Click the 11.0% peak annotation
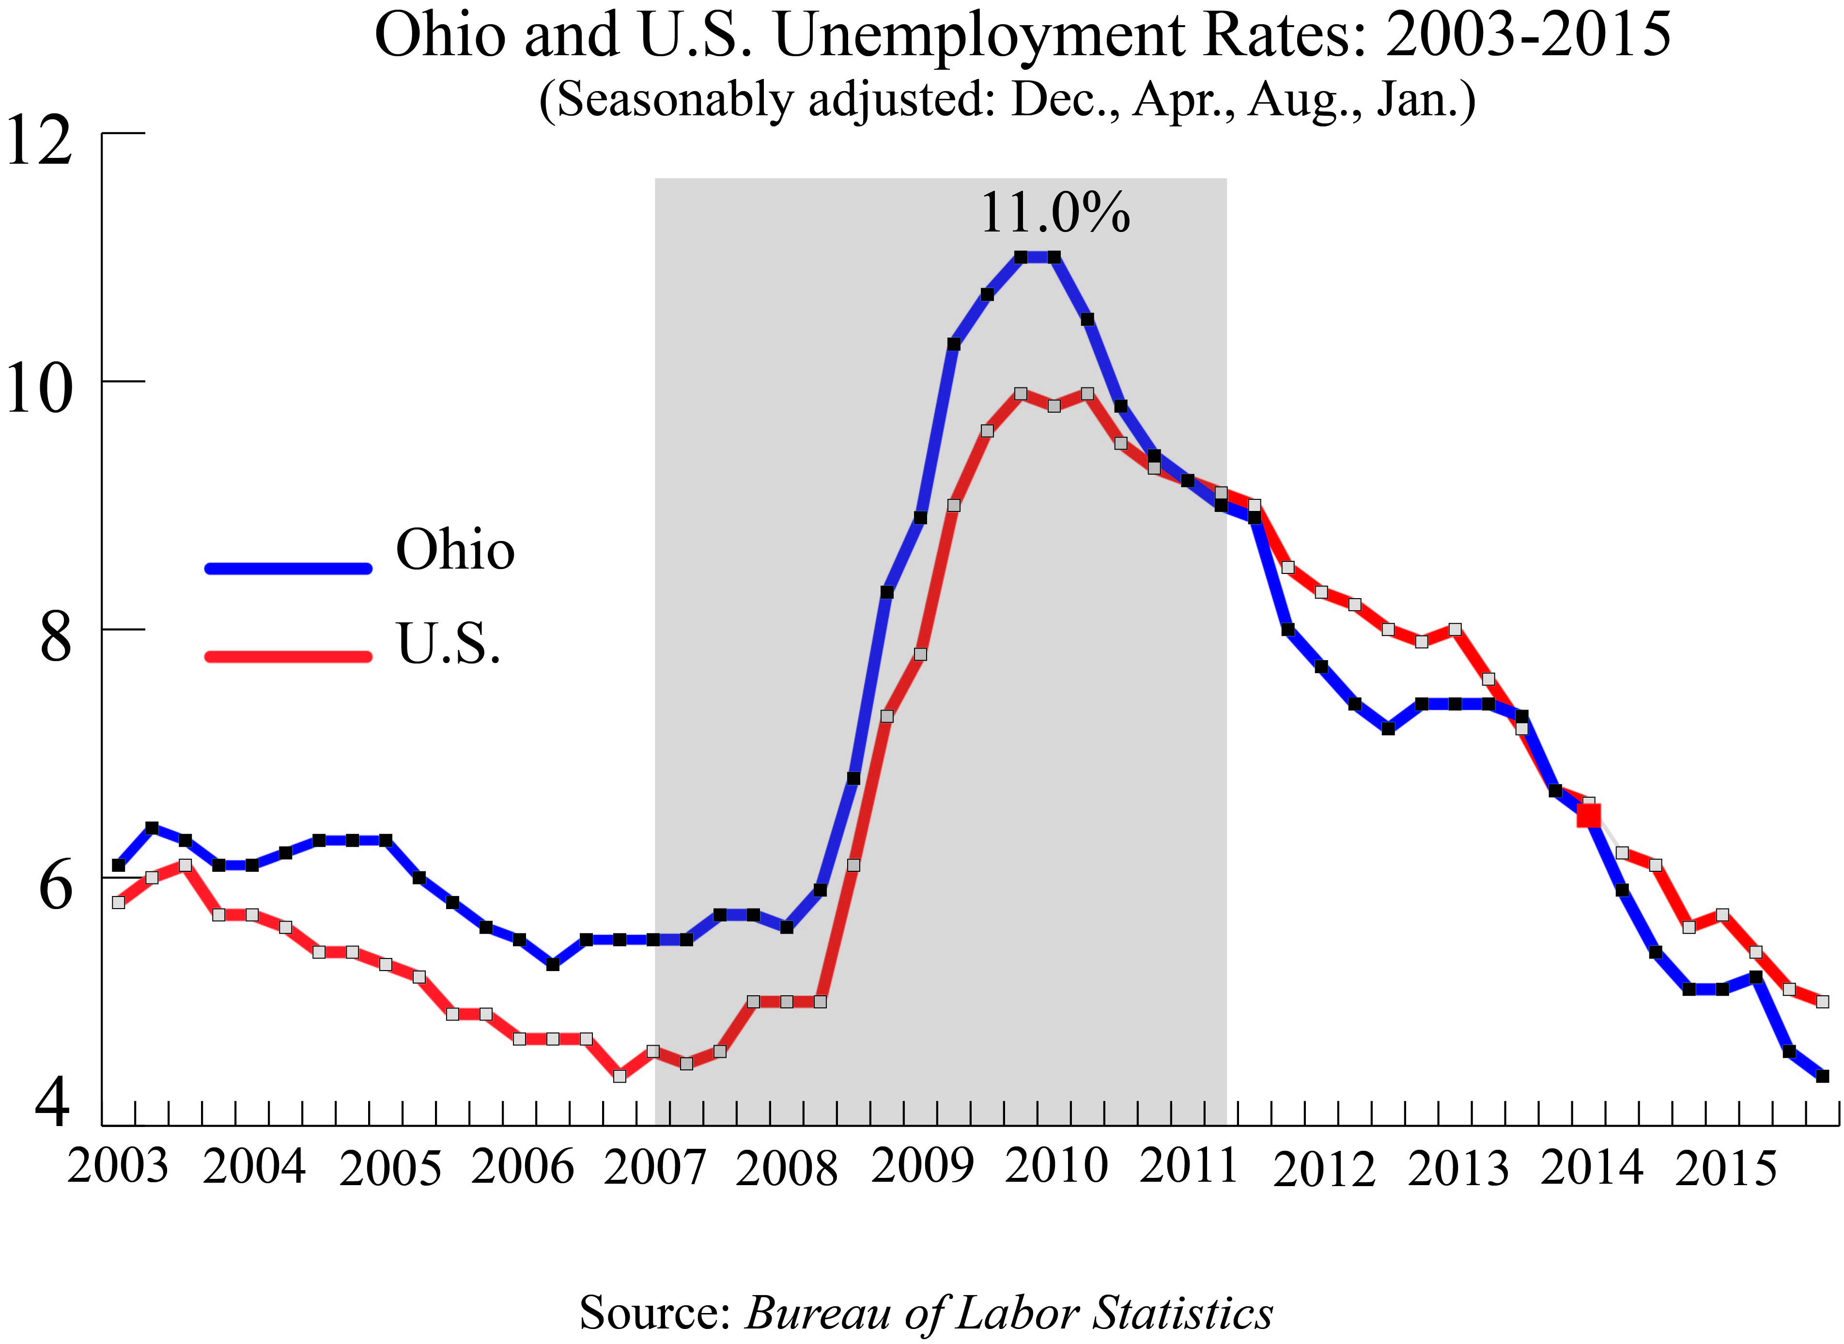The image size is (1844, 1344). (x=1055, y=213)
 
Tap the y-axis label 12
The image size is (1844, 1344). (x=39, y=140)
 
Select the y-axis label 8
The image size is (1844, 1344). (x=55, y=637)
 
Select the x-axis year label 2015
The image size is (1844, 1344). (x=1725, y=1169)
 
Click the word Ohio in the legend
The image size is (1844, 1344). (x=455, y=550)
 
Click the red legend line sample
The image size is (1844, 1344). (x=289, y=656)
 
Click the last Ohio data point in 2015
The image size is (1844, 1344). (x=1822, y=1076)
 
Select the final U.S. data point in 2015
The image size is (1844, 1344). (x=1822, y=1002)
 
